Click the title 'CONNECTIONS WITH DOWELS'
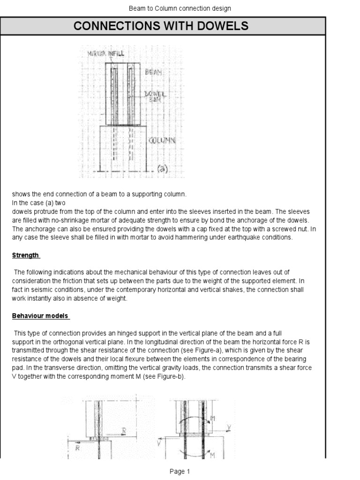161,26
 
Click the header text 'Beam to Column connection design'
180,8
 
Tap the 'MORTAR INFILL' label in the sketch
106,54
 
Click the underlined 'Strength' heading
26,255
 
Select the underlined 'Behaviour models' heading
41,315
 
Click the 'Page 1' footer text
180,472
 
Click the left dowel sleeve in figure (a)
113,94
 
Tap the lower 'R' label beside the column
78,448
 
